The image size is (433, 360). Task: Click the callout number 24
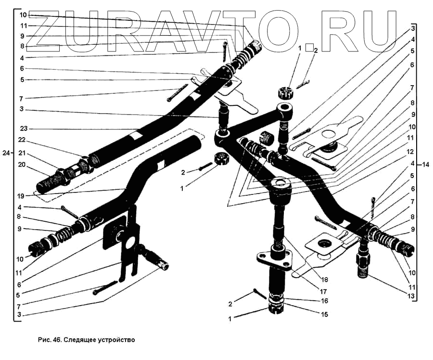click(x=6, y=153)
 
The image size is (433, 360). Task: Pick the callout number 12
click(x=409, y=151)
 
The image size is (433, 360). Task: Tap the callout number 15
click(x=311, y=315)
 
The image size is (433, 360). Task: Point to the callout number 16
click(x=311, y=301)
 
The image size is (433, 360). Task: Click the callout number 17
click(x=311, y=291)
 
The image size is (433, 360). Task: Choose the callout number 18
click(x=311, y=280)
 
